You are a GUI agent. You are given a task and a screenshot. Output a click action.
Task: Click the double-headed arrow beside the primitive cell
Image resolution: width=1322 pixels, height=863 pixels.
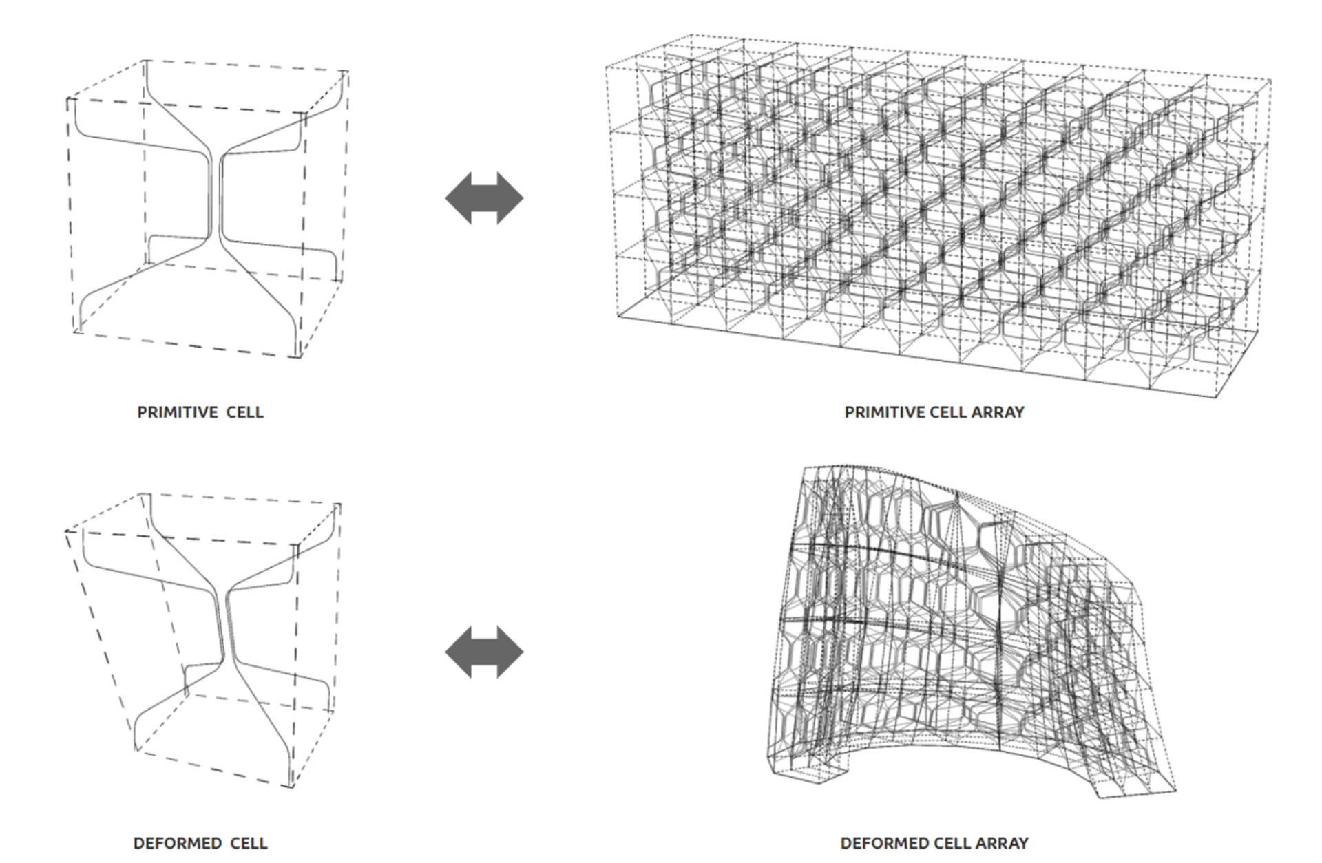tap(484, 198)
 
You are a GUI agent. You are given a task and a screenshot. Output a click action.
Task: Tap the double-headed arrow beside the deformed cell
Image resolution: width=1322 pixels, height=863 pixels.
tap(484, 652)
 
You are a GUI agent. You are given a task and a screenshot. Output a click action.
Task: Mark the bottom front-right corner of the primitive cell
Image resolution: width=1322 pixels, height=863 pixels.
tap(297, 357)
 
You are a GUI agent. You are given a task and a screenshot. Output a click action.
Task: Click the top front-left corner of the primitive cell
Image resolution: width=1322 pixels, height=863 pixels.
tap(69, 100)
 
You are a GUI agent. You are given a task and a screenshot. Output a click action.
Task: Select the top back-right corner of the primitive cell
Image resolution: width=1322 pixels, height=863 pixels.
tap(346, 71)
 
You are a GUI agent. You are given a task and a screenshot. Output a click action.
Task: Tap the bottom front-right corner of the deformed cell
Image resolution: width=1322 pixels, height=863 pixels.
tap(290, 787)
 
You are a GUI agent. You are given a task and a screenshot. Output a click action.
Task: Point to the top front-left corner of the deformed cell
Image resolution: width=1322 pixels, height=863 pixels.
tap(67, 531)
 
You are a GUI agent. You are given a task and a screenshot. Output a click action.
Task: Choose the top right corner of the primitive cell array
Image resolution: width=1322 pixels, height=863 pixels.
tap(1270, 81)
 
